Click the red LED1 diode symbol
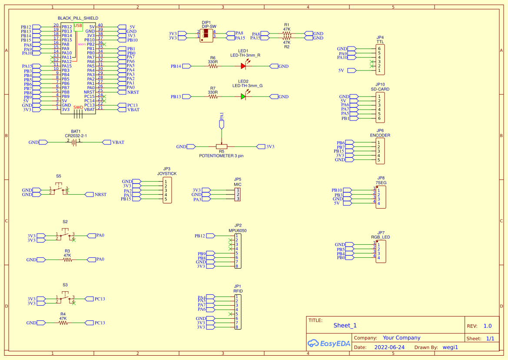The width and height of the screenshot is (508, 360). [244, 66]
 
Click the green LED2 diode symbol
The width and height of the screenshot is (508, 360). [244, 97]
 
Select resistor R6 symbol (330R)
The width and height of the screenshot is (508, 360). [213, 66]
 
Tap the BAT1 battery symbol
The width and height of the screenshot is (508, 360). [75, 142]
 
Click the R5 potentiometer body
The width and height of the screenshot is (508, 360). [222, 147]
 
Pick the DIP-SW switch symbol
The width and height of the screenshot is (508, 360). [206, 36]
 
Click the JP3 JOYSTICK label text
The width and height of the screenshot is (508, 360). [167, 173]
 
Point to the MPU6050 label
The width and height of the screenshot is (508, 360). [238, 230]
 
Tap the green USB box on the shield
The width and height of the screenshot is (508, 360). [78, 27]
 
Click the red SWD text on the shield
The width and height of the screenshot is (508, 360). [78, 107]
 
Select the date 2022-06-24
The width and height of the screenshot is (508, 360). [389, 347]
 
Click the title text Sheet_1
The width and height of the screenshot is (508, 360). [345, 325]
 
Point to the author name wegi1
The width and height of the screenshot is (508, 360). [450, 347]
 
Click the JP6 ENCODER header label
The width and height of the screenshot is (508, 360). [380, 135]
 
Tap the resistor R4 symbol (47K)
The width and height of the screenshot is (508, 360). [63, 323]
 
